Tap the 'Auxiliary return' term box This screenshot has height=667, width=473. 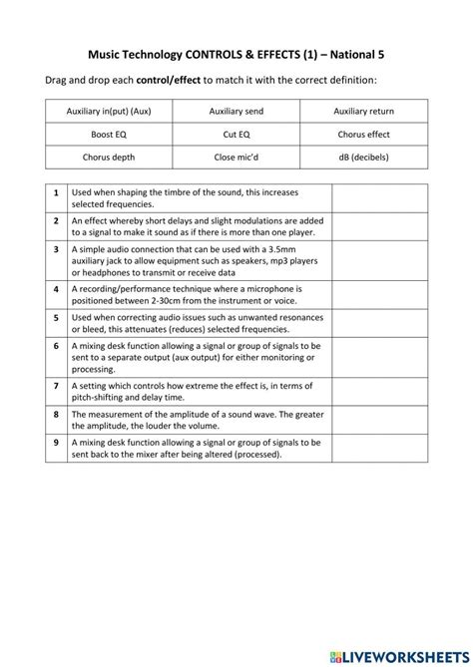pos(363,112)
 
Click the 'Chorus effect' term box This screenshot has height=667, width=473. pos(363,134)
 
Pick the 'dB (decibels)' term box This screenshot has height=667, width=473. pos(363,157)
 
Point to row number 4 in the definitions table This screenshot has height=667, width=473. pos(56,287)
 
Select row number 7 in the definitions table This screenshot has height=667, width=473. pos(56,385)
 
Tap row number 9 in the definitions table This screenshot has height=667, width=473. pos(56,441)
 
